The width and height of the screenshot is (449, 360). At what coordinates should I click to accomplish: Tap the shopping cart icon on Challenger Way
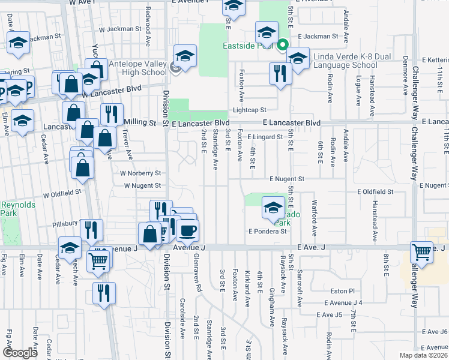422,253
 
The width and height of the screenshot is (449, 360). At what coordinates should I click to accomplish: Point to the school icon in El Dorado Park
273,208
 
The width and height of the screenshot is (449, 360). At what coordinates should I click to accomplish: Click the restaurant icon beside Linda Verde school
280,74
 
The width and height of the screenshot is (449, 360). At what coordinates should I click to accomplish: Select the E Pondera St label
267,232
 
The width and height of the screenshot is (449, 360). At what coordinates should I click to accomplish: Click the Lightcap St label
249,110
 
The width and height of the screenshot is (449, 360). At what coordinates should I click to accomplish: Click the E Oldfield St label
375,192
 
